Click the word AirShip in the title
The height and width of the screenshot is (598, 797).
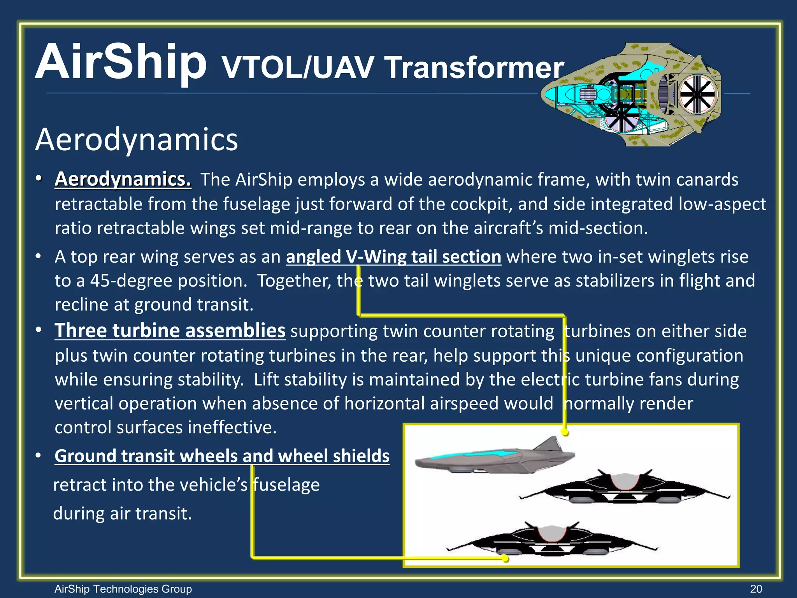click(x=121, y=62)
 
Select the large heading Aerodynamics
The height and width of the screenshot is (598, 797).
click(x=136, y=139)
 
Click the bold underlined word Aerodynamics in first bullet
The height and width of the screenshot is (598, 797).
click(x=123, y=179)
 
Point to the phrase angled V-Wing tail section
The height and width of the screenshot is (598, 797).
click(x=393, y=257)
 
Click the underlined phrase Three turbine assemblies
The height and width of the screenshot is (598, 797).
click(x=170, y=331)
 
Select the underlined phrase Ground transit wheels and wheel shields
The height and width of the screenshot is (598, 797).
click(x=222, y=456)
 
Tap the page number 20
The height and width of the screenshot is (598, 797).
click(x=756, y=589)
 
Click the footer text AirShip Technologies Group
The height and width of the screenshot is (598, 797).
click(x=123, y=589)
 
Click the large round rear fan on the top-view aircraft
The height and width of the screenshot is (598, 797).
click(x=697, y=95)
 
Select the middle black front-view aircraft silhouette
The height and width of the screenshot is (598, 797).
click(x=624, y=487)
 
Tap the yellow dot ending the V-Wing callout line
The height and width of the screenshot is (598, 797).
click(x=565, y=433)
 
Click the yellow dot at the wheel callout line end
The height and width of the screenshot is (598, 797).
click(x=505, y=559)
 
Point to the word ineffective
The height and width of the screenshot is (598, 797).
click(x=232, y=427)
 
